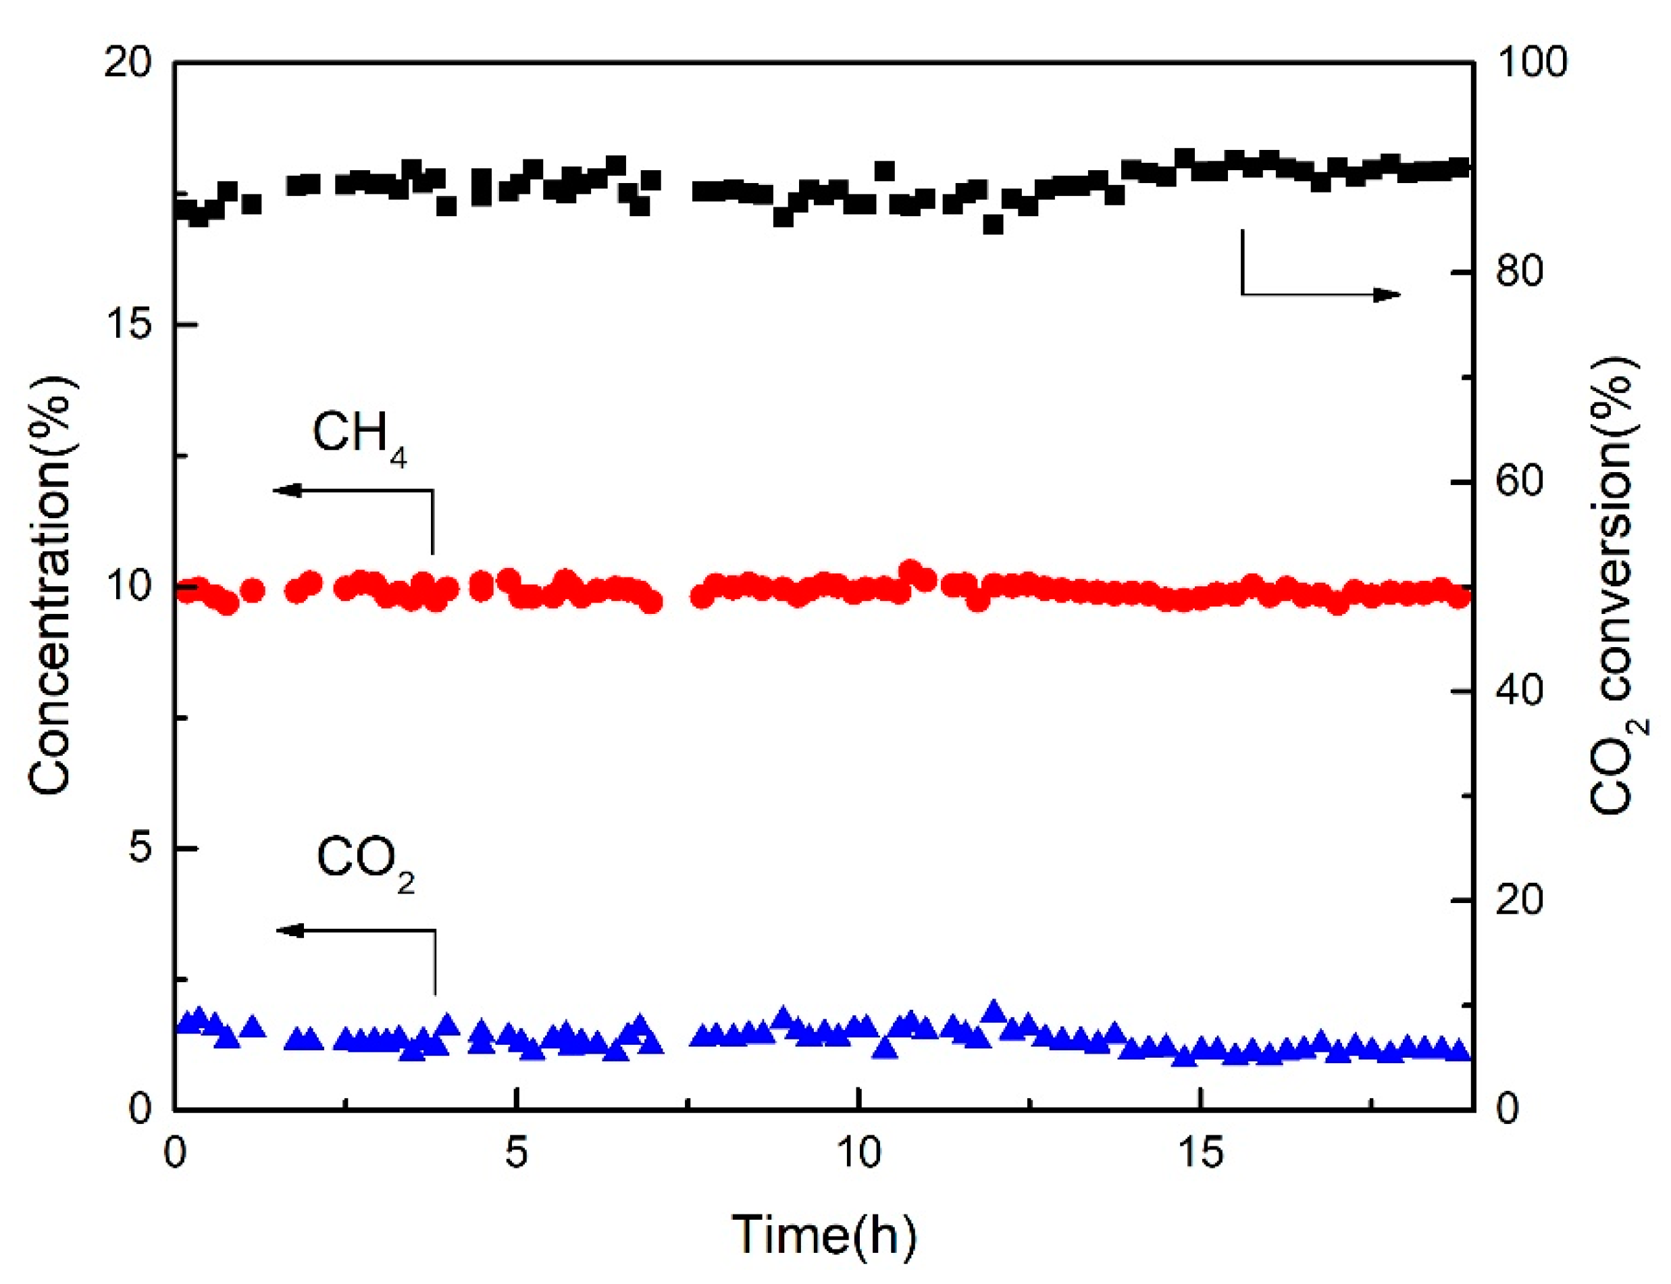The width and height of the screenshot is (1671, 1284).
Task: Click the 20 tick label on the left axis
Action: pyautogui.click(x=128, y=62)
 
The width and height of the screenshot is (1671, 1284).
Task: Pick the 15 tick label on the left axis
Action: pyautogui.click(x=128, y=324)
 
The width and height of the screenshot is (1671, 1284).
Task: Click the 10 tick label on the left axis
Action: pyautogui.click(x=128, y=586)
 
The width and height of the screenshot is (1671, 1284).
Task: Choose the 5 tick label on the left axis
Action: pyautogui.click(x=140, y=848)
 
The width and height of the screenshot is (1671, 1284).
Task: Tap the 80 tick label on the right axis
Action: pyautogui.click(x=1520, y=272)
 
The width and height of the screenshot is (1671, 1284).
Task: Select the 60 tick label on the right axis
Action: pyautogui.click(x=1520, y=481)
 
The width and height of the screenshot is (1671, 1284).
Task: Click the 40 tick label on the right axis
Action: pyautogui.click(x=1520, y=690)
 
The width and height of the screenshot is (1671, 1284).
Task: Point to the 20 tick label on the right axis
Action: pyautogui.click(x=1520, y=900)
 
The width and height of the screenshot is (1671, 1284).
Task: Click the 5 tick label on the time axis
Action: pyautogui.click(x=517, y=1152)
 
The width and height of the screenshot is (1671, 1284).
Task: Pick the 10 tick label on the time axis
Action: pyautogui.click(x=859, y=1152)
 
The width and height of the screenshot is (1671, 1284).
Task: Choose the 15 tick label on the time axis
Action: pyautogui.click(x=1201, y=1152)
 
